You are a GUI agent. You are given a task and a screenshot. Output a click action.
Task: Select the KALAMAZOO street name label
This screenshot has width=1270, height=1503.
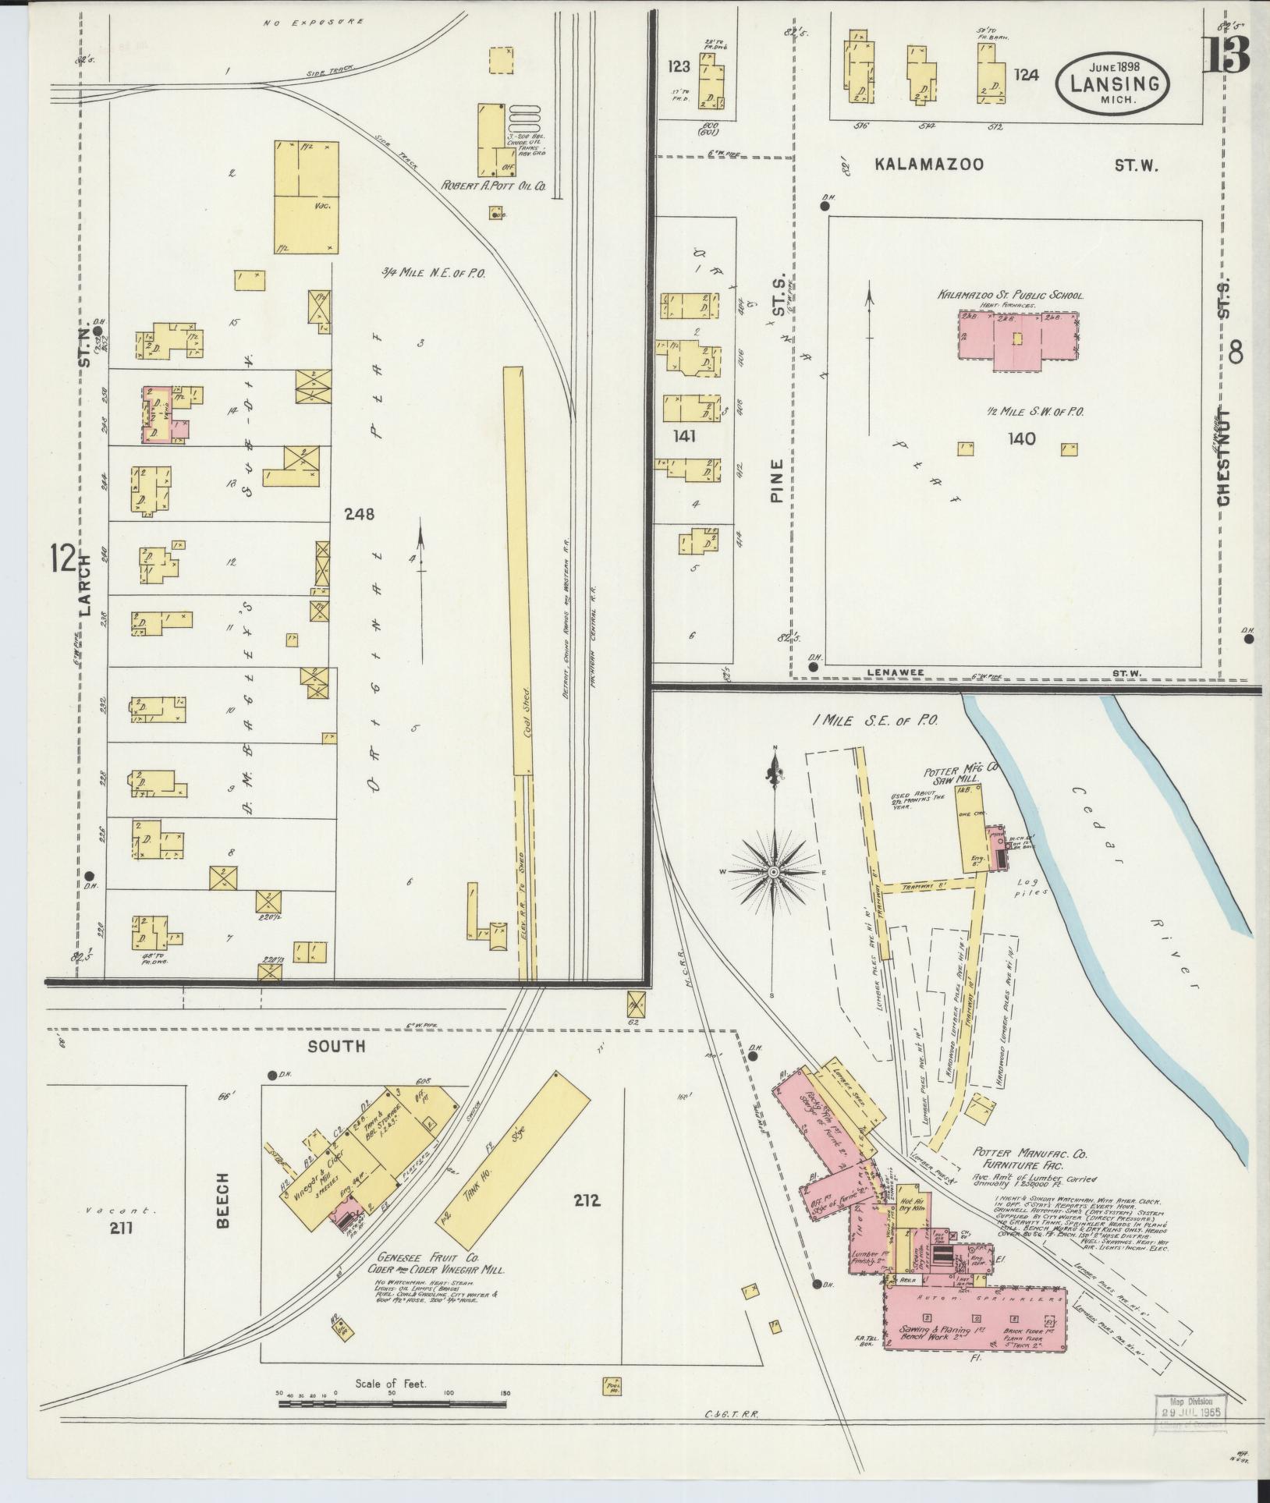tap(928, 165)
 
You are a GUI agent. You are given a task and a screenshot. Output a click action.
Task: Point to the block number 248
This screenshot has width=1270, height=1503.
tap(360, 514)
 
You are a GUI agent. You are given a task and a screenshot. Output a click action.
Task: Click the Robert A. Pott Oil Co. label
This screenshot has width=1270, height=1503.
tap(493, 186)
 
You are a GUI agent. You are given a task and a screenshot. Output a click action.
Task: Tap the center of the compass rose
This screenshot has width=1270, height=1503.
tap(773, 872)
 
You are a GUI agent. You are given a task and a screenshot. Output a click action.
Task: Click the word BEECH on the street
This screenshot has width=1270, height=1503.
tap(224, 1211)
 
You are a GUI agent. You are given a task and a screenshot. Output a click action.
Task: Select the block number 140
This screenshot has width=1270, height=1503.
tap(1020, 439)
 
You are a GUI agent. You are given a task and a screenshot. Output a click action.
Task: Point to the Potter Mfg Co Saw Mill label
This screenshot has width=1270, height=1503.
tap(960, 773)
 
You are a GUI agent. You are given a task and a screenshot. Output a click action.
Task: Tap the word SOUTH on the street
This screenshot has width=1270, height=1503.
tap(336, 1047)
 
